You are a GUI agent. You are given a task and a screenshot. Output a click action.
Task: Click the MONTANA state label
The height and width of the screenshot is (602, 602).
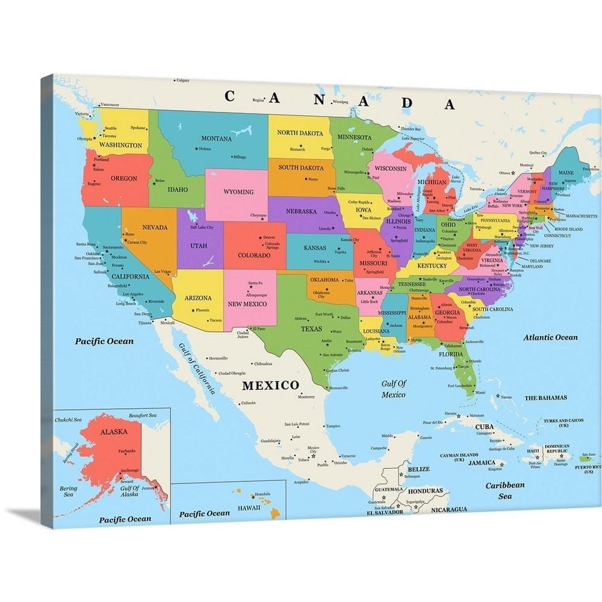pos(216,138)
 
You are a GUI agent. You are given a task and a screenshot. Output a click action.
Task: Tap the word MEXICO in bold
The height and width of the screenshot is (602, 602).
pos(270,385)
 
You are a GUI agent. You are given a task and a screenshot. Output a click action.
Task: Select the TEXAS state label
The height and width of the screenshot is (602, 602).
pos(311,329)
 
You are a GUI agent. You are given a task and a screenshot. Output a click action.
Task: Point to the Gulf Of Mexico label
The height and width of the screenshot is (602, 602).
pos(394,389)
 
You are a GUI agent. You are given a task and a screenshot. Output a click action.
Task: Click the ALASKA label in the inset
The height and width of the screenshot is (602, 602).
pos(113,432)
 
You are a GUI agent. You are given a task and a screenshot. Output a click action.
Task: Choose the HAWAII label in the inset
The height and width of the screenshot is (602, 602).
pos(248,507)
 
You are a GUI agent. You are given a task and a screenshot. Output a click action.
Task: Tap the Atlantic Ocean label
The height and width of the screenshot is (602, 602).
pos(550,338)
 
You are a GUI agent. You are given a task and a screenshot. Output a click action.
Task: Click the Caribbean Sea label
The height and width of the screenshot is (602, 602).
pos(505,490)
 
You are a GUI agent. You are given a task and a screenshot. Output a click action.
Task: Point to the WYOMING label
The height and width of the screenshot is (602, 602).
pos(238,192)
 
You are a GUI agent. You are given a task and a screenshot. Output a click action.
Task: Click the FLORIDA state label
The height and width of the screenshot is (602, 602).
pos(450,355)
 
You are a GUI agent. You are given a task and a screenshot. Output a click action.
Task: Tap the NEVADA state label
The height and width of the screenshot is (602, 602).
pos(155,227)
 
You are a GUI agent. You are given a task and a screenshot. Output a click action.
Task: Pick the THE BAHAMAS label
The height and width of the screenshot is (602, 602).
pos(545,398)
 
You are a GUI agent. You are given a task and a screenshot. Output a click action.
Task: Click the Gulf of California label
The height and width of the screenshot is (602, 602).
pos(197,367)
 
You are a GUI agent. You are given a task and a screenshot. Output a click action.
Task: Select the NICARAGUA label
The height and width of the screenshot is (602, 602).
pos(448,509)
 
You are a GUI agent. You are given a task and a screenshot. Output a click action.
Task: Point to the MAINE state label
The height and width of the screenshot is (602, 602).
pos(566,173)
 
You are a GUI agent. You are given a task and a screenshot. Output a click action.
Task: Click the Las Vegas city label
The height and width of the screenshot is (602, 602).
pos(163,272)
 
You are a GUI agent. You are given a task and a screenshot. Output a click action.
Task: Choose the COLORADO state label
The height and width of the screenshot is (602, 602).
pos(253,255)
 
